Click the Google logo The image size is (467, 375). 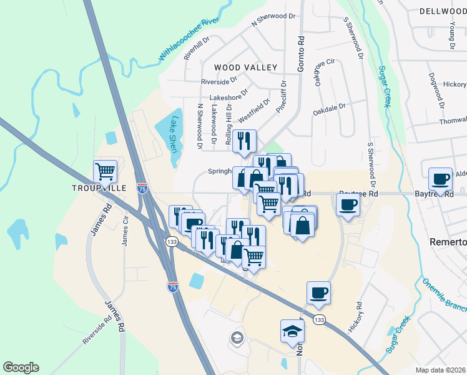21,367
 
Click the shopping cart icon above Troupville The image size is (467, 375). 105,171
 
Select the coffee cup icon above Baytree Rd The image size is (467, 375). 440,179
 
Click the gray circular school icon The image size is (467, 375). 237,338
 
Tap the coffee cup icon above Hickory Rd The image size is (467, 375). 318,292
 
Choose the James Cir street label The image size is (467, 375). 125,231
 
